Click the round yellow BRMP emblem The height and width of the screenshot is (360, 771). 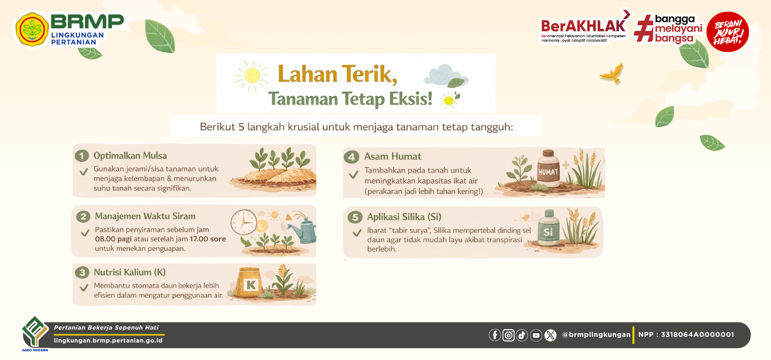32,30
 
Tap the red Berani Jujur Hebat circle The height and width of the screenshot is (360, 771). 728,32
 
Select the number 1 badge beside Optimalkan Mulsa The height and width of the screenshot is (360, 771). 82,156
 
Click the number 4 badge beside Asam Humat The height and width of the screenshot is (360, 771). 352,157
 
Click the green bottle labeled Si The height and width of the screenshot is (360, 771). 548,228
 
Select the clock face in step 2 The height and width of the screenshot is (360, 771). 244,222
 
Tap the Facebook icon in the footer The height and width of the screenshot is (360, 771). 495,335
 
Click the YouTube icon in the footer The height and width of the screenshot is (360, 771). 536,335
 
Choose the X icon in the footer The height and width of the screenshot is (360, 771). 550,335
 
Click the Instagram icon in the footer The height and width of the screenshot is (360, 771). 508,335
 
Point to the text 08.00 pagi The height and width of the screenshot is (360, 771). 113,239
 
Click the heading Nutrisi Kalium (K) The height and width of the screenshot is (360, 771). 130,272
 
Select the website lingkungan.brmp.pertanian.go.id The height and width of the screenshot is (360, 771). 108,340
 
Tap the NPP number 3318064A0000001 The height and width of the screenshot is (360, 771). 697,334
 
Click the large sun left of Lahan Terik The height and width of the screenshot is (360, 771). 252,76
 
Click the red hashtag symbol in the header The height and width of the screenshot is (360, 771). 644,28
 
